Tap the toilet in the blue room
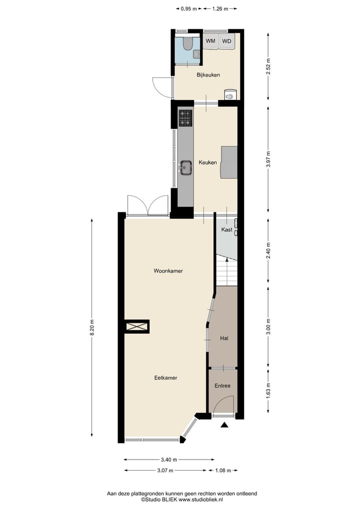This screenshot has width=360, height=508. pos(187,44)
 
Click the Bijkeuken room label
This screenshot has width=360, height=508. pos(208,75)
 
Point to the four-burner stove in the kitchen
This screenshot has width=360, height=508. pos(185,118)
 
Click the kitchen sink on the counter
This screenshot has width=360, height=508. pos(186,168)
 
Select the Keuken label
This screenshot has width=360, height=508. pos(207,162)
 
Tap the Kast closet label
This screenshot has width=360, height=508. pos(226,230)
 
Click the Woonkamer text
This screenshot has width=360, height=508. pos(168,271)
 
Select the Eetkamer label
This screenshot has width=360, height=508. pos(166,378)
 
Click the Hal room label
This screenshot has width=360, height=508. pos(224,338)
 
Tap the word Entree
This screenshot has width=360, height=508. pos(222,386)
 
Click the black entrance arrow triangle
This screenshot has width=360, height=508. pos(224,425)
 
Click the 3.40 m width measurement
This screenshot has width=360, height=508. pos(169,460)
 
